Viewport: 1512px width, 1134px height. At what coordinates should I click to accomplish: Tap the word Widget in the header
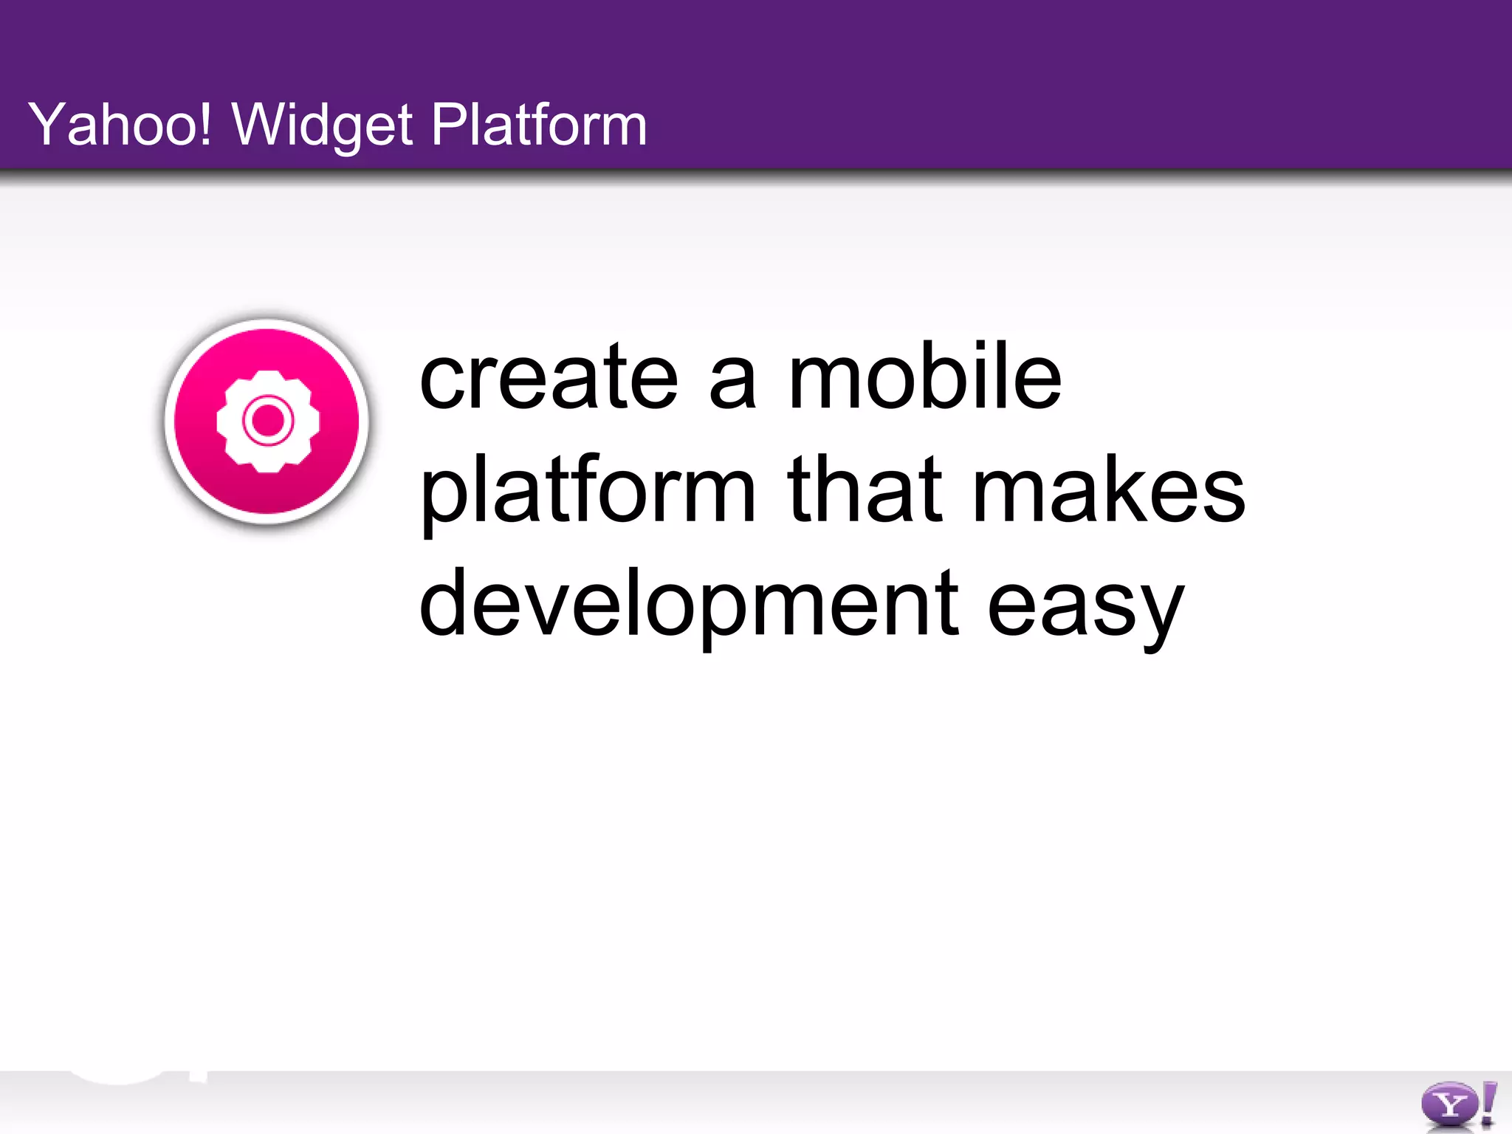[x=322, y=126]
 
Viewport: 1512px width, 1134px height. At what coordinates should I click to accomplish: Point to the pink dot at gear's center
[x=267, y=422]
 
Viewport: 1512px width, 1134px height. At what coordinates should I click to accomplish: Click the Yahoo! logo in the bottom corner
[x=1457, y=1105]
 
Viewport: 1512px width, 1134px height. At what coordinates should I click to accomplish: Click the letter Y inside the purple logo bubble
[x=1449, y=1105]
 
